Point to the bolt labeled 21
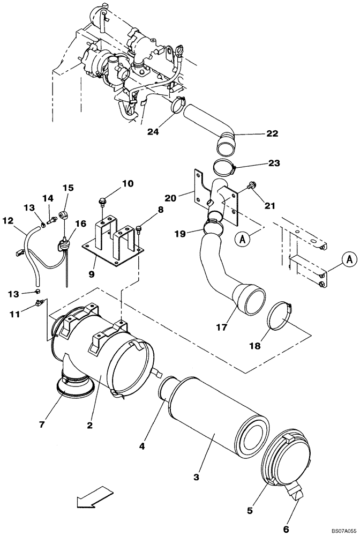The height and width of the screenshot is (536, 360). tap(251, 186)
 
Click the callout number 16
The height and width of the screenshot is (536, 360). tap(80, 223)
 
